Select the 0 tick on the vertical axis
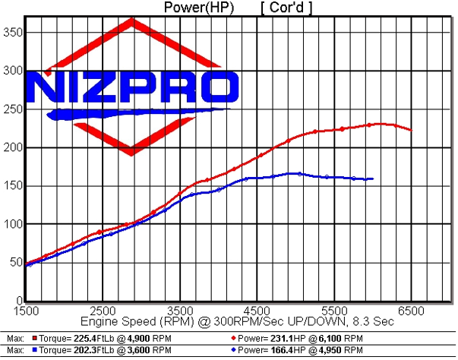pyautogui.click(x=16, y=301)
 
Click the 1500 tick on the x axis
pyautogui.click(x=26, y=311)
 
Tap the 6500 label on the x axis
pyautogui.click(x=411, y=311)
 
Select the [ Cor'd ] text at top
pyautogui.click(x=286, y=8)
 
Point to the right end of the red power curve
pyautogui.click(x=411, y=130)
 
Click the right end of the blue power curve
pyautogui.click(x=372, y=178)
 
